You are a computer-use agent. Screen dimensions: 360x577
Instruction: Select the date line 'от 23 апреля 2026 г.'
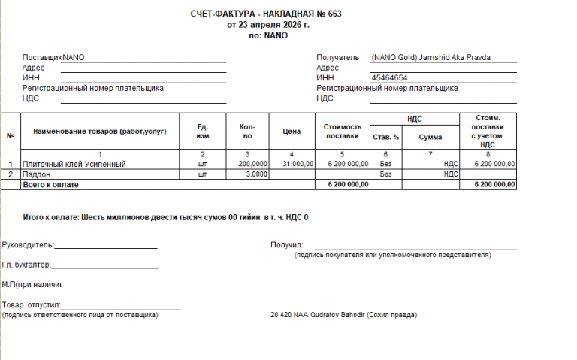267,25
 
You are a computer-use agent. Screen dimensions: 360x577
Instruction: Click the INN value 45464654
389,78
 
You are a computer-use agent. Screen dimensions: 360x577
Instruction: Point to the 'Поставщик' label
42,57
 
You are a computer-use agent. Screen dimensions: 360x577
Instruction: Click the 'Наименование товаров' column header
100,132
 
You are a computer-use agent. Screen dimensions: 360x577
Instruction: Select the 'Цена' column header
292,132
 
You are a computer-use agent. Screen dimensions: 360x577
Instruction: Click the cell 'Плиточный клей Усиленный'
74,164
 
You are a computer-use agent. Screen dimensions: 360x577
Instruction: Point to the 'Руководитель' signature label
27,245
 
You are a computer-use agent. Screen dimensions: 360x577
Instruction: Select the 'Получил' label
286,245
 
